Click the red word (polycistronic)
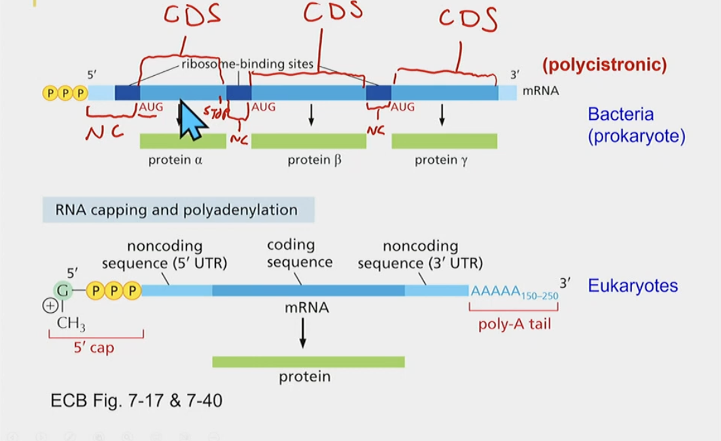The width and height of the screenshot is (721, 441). [x=604, y=65]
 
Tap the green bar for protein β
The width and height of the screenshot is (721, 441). [x=308, y=141]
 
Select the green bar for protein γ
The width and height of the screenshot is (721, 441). [x=444, y=141]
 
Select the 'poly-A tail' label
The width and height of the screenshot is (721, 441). [x=514, y=324]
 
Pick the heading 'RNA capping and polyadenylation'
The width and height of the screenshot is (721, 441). [x=177, y=210]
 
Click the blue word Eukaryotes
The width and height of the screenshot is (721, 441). [x=633, y=286]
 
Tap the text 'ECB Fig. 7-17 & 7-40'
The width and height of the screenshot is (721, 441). [x=136, y=400]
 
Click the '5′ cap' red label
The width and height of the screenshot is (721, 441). [x=94, y=347]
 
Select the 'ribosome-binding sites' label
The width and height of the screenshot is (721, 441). [x=247, y=64]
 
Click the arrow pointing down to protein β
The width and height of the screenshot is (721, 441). [x=311, y=115]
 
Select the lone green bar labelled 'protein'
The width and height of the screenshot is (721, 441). [x=308, y=362]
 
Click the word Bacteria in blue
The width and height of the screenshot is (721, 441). [x=620, y=114]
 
